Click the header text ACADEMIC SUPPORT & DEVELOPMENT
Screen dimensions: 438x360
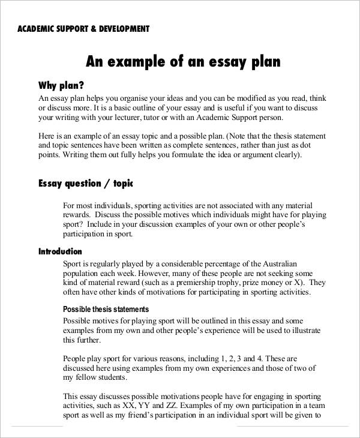tap(83, 28)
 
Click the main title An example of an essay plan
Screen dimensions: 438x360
tap(183, 61)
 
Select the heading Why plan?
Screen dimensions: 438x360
tap(61, 85)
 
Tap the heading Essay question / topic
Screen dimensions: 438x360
tap(85, 183)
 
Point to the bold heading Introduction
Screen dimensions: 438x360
tap(60, 251)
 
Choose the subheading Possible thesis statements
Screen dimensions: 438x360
tap(106, 309)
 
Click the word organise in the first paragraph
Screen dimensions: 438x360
tap(137, 97)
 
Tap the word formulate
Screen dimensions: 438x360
tap(170, 155)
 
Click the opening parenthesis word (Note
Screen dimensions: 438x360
tap(232, 136)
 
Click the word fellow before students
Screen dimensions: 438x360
tap(87, 377)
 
